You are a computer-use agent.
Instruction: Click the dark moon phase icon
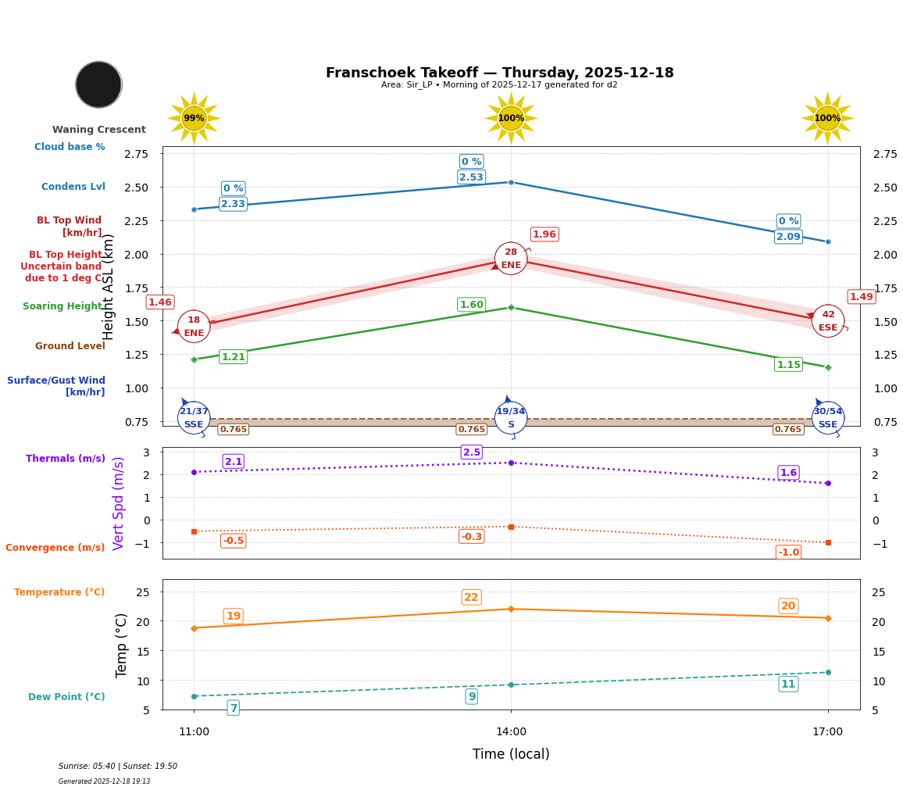tap(98, 84)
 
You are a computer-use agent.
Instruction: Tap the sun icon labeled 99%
tap(194, 118)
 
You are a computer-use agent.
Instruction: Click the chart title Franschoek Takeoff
tap(499, 73)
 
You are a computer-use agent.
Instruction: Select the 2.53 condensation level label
tap(471, 177)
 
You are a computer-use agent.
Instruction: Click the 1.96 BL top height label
tap(544, 234)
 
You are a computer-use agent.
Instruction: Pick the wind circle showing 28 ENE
tap(511, 259)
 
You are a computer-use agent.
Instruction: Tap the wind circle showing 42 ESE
tap(828, 320)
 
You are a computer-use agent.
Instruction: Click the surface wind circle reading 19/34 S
tap(511, 418)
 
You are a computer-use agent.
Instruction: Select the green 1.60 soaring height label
tap(471, 305)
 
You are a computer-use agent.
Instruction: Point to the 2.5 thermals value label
tap(471, 452)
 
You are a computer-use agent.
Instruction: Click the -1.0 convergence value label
tap(788, 552)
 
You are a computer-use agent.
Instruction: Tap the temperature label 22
tap(471, 598)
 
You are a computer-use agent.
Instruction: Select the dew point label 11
tap(788, 685)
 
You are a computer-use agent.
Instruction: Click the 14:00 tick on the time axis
tap(511, 732)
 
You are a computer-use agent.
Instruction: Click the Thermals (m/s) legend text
tap(66, 459)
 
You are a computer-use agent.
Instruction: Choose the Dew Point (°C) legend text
tap(66, 697)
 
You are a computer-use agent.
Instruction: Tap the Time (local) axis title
tap(511, 754)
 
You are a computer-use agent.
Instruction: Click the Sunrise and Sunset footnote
tap(118, 767)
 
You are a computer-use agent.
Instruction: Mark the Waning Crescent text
tap(99, 130)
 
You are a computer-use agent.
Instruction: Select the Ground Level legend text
tap(70, 346)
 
